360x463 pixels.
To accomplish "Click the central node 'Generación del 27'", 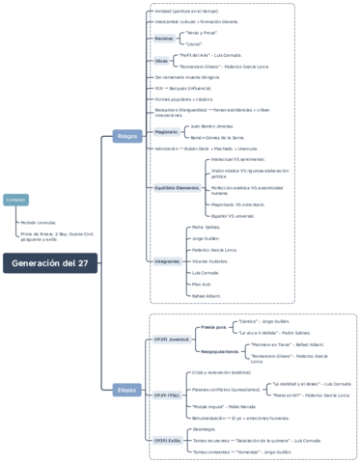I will (49, 263).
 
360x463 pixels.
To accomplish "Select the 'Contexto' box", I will (16, 199).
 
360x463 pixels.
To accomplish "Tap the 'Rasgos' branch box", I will (127, 135).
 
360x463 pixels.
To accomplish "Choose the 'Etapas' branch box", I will (126, 389).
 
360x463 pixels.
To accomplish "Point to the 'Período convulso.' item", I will (40, 221).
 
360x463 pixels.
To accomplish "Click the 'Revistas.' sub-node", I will (165, 39).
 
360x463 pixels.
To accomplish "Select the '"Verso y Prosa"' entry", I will (200, 32).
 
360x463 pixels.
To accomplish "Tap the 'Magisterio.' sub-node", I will (169, 132).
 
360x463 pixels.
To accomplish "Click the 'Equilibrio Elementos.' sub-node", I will (178, 186).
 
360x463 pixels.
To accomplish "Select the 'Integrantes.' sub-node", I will (168, 260).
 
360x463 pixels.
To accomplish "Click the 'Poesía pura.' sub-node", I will (214, 327).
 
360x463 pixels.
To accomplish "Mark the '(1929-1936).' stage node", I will (168, 395).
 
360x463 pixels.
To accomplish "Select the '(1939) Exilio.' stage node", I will (168, 440).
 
